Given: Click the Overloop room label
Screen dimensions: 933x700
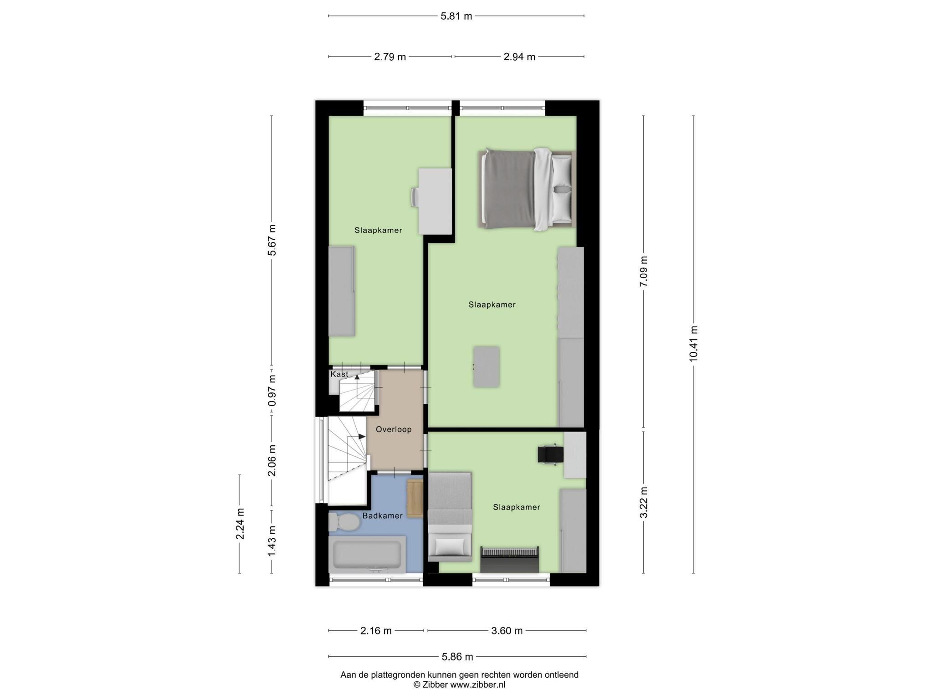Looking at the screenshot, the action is (394, 429).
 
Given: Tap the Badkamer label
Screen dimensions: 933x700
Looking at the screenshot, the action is (383, 516).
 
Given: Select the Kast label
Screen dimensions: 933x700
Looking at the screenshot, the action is (339, 374).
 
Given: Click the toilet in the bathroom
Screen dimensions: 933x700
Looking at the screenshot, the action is (344, 522).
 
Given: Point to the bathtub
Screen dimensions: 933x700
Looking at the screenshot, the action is (367, 554).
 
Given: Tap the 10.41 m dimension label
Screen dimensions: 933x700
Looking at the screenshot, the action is (693, 344).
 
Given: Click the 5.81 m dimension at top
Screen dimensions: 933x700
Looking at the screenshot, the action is (456, 16).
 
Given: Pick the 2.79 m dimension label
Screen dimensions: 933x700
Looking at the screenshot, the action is (390, 57).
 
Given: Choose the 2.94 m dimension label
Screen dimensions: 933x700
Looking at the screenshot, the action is (519, 57).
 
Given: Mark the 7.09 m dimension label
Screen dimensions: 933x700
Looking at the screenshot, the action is (644, 272).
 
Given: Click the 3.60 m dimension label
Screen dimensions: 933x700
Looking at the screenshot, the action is (507, 631).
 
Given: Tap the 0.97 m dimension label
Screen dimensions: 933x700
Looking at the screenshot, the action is (272, 391).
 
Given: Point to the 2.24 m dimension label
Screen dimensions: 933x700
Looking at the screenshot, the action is (240, 524).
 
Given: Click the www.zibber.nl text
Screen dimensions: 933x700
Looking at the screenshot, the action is (478, 685).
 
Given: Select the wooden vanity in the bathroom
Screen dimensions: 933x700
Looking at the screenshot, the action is (415, 498).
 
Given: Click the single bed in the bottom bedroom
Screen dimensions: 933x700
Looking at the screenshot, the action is (450, 516).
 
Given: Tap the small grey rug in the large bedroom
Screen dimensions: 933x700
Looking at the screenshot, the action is (487, 367).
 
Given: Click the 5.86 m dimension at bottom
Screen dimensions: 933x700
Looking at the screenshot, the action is (457, 657).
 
